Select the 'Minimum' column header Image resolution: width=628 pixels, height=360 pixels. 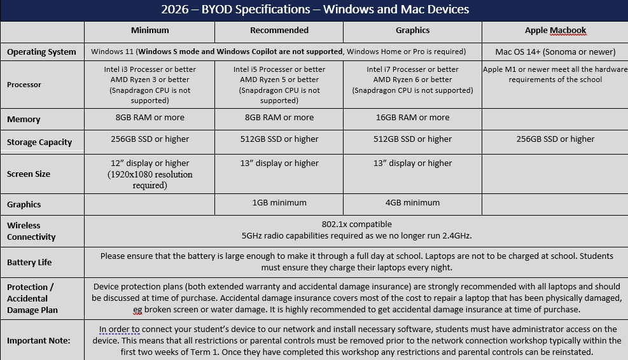point(150,31)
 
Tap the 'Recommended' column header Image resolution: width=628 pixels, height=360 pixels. point(279,31)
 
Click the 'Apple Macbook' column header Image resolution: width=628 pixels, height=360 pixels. point(555,31)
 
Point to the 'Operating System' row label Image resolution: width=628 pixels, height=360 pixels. point(41,52)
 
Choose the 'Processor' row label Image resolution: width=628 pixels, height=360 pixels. point(24,85)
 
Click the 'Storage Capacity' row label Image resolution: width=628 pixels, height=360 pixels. point(39,142)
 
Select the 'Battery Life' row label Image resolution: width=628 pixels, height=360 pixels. point(29,262)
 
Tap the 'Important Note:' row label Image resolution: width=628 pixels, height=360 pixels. point(39,340)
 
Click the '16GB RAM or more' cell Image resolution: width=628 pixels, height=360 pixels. point(412,118)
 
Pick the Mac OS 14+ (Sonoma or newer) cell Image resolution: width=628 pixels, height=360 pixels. point(555,52)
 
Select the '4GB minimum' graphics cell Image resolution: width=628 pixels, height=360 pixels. point(412,203)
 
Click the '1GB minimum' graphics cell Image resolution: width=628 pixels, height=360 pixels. point(279,203)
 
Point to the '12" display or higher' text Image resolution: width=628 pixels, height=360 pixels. point(150,163)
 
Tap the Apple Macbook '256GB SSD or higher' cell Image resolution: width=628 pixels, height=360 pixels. point(555,139)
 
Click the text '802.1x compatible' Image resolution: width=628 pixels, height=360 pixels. point(356,225)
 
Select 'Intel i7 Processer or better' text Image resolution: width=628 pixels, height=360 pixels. point(412,69)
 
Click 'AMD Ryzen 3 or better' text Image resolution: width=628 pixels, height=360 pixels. point(150,80)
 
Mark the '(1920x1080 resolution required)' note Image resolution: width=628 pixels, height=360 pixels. point(150,179)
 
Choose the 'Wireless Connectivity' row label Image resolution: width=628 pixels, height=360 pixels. point(31,231)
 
